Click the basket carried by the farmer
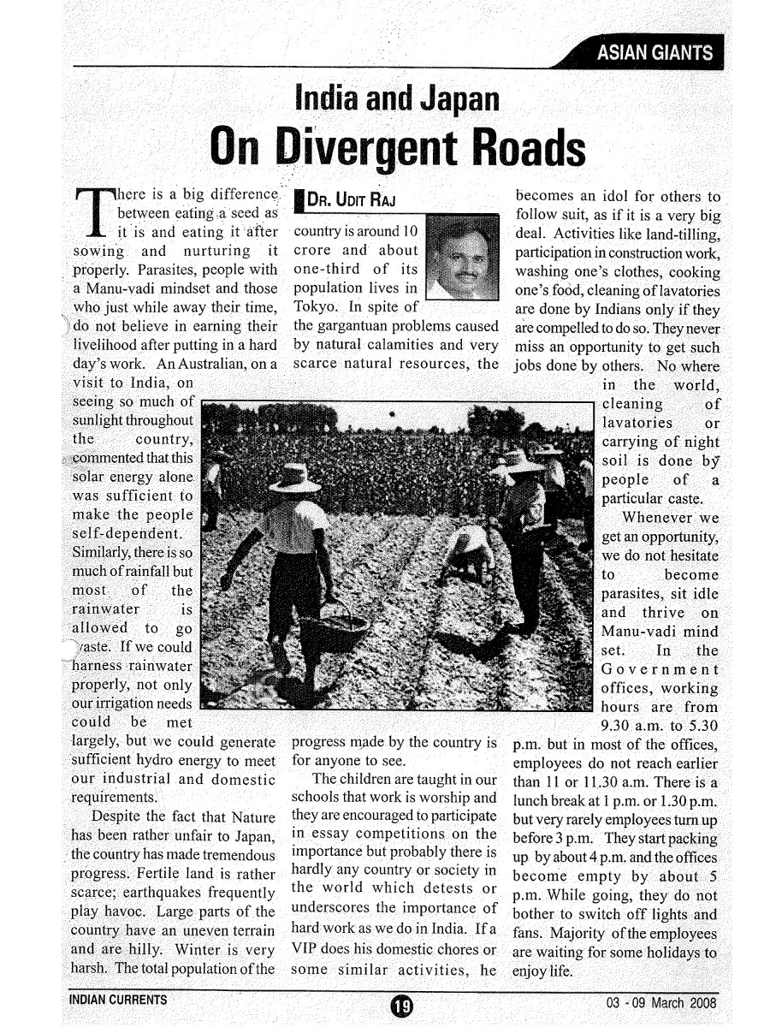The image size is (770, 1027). click(335, 629)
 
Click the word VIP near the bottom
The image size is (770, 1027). click(307, 948)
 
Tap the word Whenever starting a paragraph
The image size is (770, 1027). click(659, 517)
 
